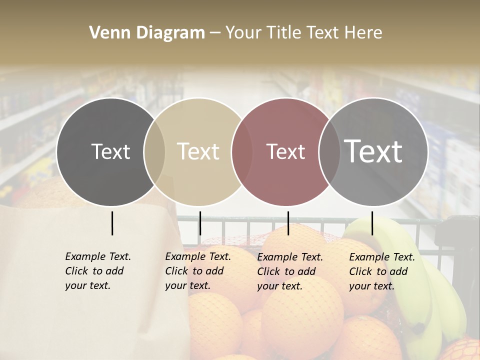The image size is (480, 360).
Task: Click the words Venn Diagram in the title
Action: tap(147, 33)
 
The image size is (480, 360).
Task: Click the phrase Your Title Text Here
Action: tap(303, 33)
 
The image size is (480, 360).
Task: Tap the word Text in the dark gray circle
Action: tap(110, 151)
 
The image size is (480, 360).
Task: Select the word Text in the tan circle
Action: tap(198, 151)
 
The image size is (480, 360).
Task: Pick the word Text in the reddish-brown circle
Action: tap(285, 151)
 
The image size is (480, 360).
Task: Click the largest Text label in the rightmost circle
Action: tap(373, 151)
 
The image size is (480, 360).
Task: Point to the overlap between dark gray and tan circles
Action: tap(154, 152)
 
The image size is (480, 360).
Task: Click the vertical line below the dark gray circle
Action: tap(112, 223)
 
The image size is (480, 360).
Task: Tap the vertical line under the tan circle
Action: tap(200, 223)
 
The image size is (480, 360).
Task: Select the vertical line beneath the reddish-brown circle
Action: tap(288, 223)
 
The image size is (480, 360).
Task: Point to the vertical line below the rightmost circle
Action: tap(372, 223)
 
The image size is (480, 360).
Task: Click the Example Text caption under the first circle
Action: tap(98, 271)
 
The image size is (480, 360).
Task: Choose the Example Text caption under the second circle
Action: tap(198, 271)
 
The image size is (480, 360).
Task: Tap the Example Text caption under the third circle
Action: tap(290, 271)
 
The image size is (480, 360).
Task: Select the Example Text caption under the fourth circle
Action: tap(382, 271)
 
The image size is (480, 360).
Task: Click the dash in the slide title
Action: tap(215, 33)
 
